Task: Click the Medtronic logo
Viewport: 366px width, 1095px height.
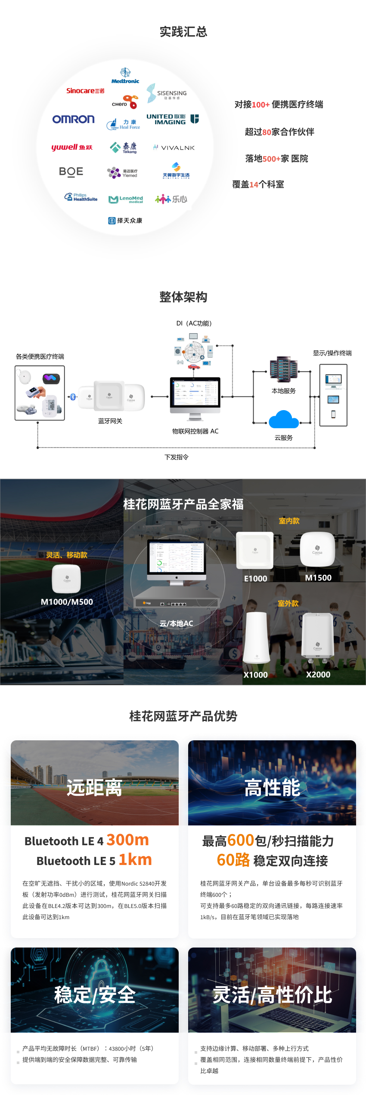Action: coord(125,76)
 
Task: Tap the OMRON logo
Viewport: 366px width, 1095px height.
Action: coord(73,119)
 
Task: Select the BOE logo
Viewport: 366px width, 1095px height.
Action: coord(71,172)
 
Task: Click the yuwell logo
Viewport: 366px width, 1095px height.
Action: coord(71,147)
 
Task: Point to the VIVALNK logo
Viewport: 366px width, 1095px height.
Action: coord(174,147)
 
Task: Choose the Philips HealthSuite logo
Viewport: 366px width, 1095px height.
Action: coord(81,197)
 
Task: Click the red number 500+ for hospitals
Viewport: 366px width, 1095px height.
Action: coord(271,159)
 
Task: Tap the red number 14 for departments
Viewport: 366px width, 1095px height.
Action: coord(254,185)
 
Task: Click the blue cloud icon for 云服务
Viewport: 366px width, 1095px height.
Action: coord(283,419)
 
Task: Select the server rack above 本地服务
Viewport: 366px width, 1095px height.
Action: coord(283,369)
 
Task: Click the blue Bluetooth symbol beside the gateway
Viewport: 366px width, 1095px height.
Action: coord(73,397)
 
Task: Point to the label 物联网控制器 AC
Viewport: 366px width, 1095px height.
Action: coord(195,431)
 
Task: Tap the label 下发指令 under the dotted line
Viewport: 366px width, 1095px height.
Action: coord(177,457)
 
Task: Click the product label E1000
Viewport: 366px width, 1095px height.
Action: coord(255,579)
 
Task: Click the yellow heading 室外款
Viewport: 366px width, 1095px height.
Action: coord(288,604)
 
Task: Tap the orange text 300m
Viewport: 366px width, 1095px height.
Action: coord(127,840)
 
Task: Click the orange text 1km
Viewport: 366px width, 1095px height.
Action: coord(135,860)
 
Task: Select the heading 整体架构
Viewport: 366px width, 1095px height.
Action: coord(183,297)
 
